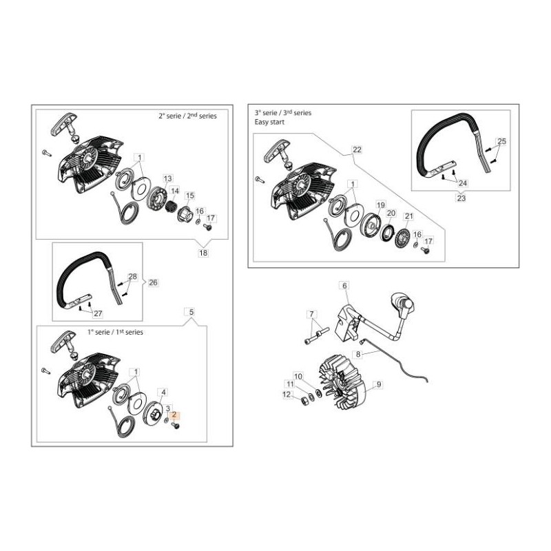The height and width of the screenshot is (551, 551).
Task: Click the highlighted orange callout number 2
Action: [174, 415]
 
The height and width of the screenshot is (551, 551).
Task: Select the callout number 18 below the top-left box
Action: [202, 253]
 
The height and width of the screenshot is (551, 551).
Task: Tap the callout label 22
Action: [356, 149]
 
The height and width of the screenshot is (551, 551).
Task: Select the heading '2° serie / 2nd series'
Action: [187, 116]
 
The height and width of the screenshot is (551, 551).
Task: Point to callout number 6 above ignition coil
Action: [344, 284]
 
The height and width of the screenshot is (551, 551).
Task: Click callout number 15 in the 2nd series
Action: [189, 196]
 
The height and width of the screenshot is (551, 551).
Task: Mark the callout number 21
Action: [409, 216]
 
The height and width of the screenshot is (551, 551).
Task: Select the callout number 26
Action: [153, 282]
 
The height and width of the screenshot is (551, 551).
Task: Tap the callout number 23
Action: [461, 198]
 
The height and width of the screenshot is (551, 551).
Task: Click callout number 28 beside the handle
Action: [132, 276]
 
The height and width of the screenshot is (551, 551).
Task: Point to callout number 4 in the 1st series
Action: [163, 393]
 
